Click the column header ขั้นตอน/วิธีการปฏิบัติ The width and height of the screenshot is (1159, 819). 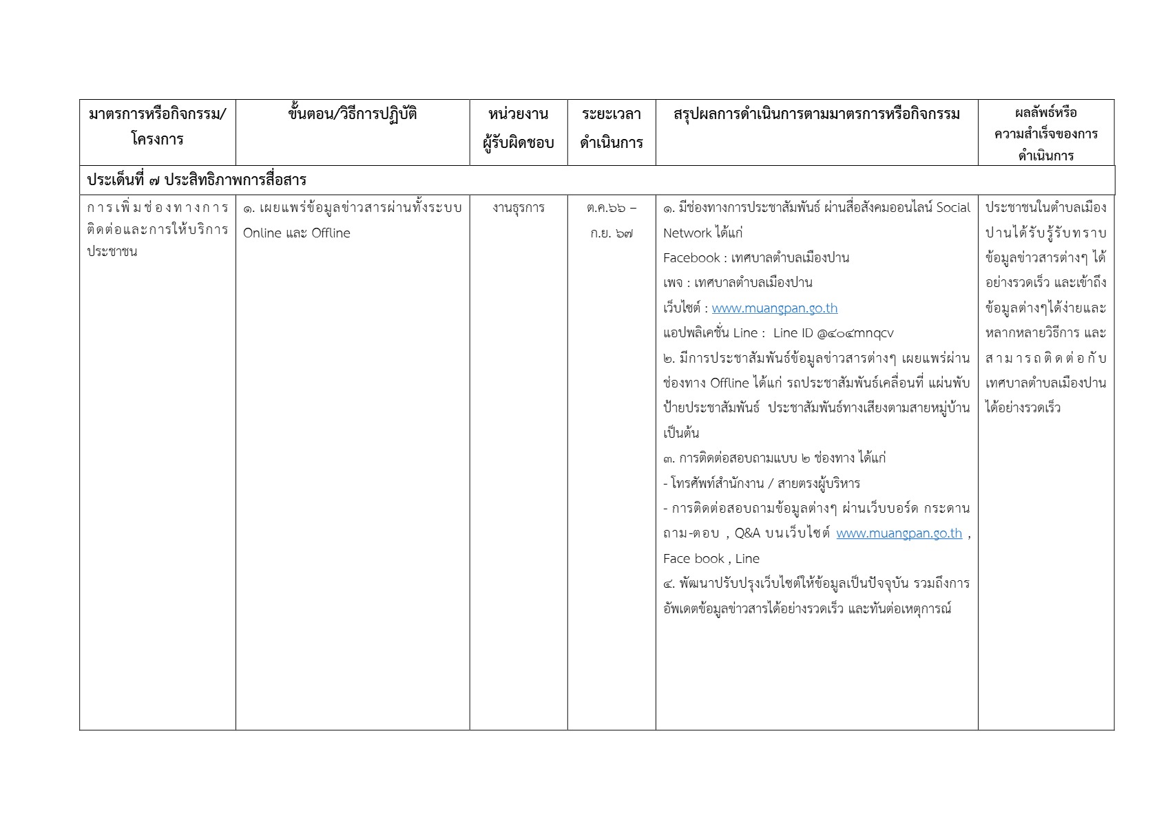pyautogui.click(x=353, y=115)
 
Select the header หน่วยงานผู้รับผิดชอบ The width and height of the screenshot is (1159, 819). pyautogui.click(x=518, y=129)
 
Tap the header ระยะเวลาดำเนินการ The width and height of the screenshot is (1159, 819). pyautogui.click(x=611, y=129)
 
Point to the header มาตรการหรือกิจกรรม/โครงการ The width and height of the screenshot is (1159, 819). pyautogui.click(x=157, y=127)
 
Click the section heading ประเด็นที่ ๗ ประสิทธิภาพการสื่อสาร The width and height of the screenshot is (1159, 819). pyautogui.click(x=196, y=180)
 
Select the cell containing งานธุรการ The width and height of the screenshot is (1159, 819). pyautogui.click(x=518, y=208)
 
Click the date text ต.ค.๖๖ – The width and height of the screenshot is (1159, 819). pyautogui.click(x=611, y=208)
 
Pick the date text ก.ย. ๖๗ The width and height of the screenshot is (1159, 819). pyautogui.click(x=611, y=233)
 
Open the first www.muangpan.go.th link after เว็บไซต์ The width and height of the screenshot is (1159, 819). pyautogui.click(x=774, y=308)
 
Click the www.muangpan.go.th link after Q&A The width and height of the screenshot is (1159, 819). pyautogui.click(x=899, y=533)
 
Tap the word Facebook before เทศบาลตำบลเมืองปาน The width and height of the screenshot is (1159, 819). pyautogui.click(x=691, y=258)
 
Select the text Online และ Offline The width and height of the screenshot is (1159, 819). pyautogui.click(x=296, y=233)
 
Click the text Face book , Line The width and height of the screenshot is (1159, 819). pyautogui.click(x=711, y=559)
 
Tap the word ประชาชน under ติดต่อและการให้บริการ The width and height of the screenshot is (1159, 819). pyautogui.click(x=112, y=251)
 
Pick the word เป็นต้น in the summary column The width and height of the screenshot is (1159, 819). pyautogui.click(x=681, y=434)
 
